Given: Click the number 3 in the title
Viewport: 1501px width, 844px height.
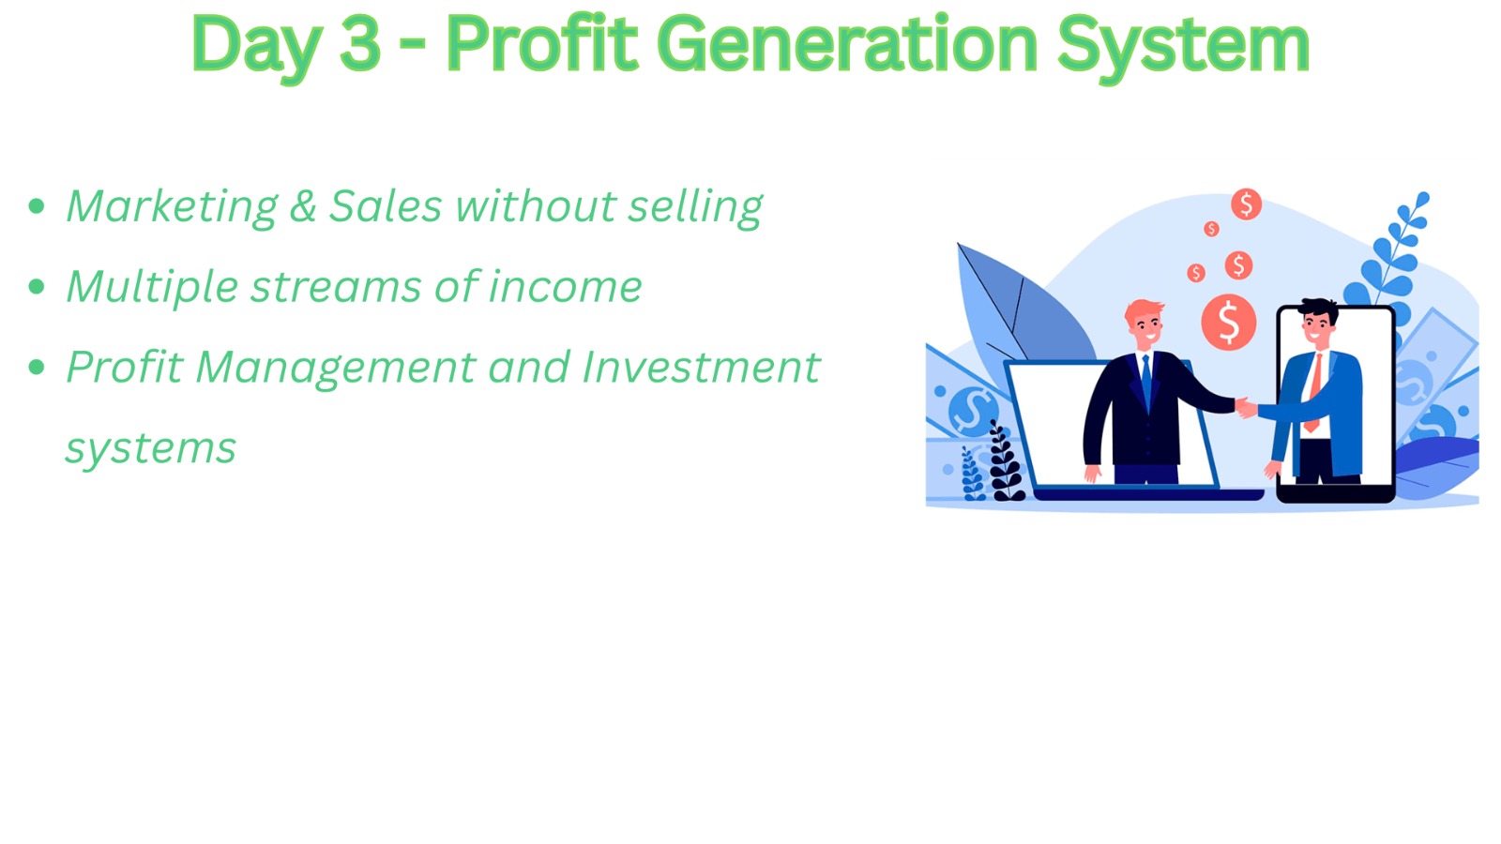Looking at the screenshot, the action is click(360, 44).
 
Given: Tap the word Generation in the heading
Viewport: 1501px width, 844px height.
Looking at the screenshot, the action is click(847, 44).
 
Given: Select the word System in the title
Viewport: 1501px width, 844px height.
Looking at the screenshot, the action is click(1183, 48).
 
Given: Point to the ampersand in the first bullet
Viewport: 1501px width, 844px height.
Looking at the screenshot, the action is click(303, 205).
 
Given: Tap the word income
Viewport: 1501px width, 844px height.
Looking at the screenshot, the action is click(565, 287).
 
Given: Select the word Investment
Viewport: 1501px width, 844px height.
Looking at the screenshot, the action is click(701, 367).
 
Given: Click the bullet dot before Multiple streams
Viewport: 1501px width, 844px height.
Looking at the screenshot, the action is click(37, 287).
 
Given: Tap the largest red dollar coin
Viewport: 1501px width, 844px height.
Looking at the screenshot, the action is click(1228, 323).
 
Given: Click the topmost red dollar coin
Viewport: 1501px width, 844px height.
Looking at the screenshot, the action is click(1247, 203).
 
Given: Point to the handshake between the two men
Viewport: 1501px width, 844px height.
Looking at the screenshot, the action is click(1247, 407).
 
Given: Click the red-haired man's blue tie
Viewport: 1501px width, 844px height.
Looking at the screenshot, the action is click(1146, 381).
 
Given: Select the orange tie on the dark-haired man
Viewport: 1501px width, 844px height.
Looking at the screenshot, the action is click(1314, 391).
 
